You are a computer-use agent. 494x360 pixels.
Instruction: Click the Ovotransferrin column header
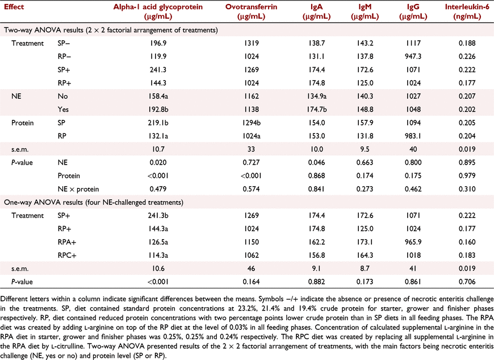(x=251, y=11)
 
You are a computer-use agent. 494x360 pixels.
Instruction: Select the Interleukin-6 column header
(x=467, y=11)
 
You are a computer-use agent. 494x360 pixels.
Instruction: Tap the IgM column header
(x=365, y=11)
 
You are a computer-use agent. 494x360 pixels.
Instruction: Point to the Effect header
(x=14, y=7)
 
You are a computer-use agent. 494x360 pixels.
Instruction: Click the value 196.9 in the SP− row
(x=158, y=43)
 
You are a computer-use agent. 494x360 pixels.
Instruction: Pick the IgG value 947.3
(x=413, y=56)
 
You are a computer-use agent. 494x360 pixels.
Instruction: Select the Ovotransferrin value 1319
(x=251, y=43)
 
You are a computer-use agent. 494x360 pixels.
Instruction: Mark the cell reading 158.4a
(x=158, y=96)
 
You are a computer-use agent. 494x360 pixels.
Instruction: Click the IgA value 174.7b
(x=316, y=109)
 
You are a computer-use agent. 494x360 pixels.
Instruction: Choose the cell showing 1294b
(x=251, y=123)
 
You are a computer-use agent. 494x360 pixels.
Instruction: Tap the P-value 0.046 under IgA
(x=316, y=162)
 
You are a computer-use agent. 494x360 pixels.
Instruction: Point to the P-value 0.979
(x=467, y=176)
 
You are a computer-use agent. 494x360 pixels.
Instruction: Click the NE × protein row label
(x=78, y=189)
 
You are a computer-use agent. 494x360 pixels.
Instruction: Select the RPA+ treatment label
(x=67, y=242)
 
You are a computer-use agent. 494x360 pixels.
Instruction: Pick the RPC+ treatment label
(x=67, y=256)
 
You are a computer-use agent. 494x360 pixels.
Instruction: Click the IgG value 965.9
(x=413, y=242)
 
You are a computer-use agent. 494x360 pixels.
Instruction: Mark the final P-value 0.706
(x=467, y=282)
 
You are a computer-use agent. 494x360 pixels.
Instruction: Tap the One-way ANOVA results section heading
(x=94, y=202)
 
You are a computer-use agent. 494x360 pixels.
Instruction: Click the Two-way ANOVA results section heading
(x=111, y=30)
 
